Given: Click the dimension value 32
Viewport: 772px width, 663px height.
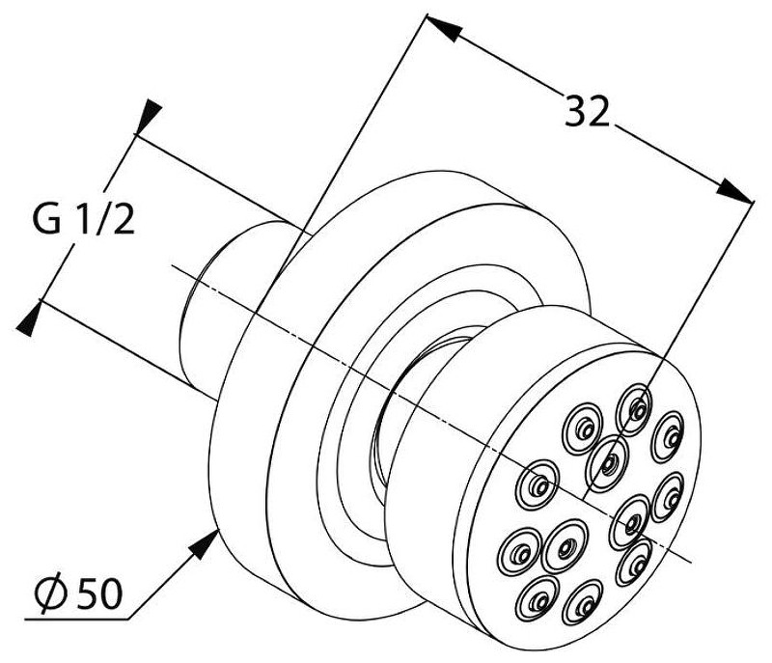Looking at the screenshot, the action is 587,111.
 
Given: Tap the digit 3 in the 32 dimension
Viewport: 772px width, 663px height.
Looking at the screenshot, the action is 574,111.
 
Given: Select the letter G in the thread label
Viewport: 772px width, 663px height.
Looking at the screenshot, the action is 46,219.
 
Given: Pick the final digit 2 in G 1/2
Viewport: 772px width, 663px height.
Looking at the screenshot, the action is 124,219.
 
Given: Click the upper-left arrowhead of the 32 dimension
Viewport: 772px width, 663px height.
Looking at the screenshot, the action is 442,28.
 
